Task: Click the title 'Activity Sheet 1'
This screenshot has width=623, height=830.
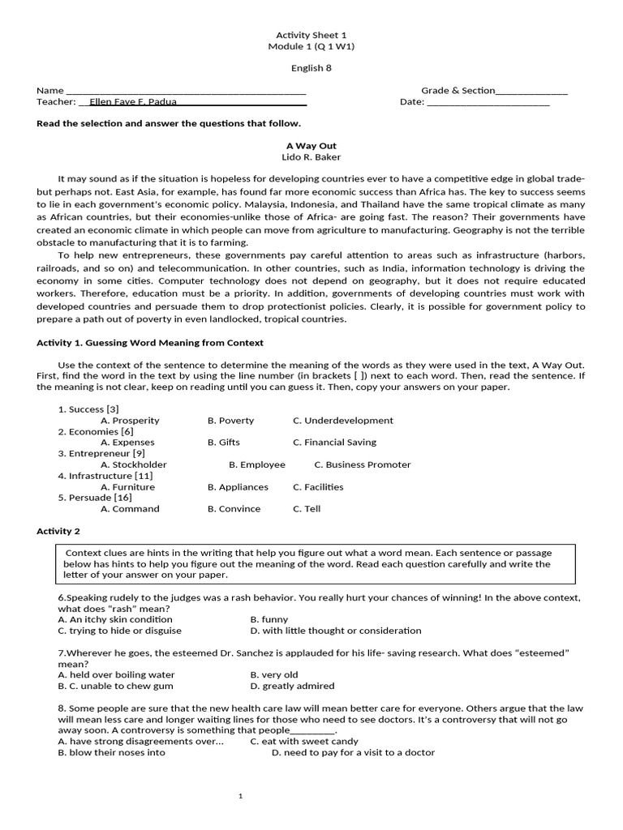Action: click(x=311, y=35)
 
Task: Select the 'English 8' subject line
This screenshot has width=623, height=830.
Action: click(x=311, y=68)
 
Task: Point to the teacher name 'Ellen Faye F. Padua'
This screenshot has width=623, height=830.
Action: click(x=133, y=102)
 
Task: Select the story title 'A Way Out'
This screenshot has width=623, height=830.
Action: click(x=311, y=146)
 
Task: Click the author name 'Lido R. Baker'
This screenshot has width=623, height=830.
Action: click(x=311, y=157)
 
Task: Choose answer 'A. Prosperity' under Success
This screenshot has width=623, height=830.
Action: click(x=130, y=421)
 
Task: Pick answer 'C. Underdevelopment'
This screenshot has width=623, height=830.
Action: click(x=343, y=421)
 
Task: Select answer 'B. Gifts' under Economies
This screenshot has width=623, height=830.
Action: click(x=224, y=443)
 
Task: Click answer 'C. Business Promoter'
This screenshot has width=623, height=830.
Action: click(x=363, y=464)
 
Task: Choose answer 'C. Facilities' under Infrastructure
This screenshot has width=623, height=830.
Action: click(x=318, y=487)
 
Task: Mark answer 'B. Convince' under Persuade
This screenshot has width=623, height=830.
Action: click(x=234, y=509)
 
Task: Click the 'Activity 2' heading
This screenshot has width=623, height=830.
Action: click(x=58, y=531)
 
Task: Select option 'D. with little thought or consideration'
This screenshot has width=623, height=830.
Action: click(x=336, y=631)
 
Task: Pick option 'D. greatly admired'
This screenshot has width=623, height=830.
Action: click(x=292, y=686)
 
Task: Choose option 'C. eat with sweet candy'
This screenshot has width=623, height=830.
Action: click(x=304, y=741)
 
